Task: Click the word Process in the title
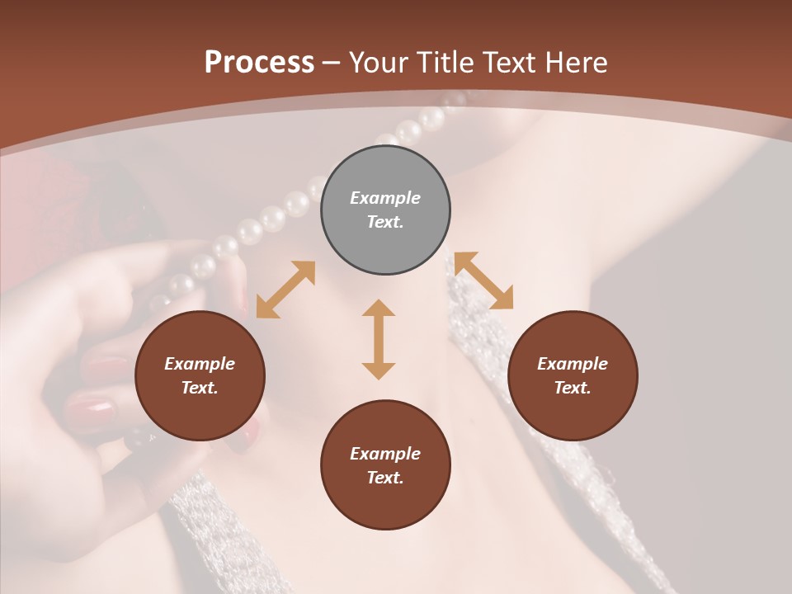259,63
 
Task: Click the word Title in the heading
445,63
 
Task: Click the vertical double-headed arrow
379,339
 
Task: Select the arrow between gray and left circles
285,290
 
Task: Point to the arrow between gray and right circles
484,280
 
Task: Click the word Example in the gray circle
385,198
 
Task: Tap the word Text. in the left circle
200,388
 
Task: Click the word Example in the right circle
573,364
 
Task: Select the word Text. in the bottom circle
385,478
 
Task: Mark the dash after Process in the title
331,64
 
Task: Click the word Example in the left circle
200,364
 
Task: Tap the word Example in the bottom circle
385,454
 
